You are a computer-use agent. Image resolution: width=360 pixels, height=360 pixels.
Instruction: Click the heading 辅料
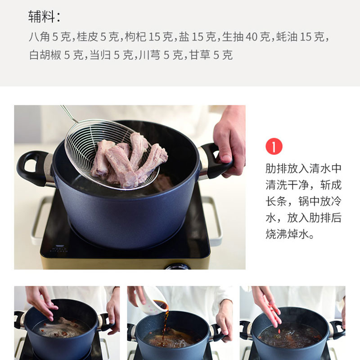coord(41,17)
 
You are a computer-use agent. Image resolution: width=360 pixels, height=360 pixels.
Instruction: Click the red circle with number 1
coord(274,147)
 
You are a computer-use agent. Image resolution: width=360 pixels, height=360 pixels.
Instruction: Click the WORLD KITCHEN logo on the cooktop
coord(59,249)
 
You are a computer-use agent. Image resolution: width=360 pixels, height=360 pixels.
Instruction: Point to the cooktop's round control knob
coord(178,266)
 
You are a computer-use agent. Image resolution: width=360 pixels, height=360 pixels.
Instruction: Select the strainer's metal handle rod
coord(69,114)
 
